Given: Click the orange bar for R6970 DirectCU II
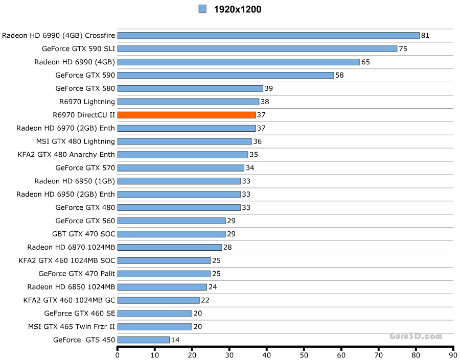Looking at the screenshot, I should point(186,115).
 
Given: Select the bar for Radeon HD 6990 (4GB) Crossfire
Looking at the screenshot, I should point(268,35).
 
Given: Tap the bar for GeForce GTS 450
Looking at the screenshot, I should point(143,340).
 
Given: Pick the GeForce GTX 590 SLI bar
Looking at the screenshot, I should point(257,49).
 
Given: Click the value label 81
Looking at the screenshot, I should point(425,36).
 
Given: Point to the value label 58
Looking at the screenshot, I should point(339,76).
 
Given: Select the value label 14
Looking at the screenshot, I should point(175,340).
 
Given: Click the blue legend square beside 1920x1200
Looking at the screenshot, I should point(202,9).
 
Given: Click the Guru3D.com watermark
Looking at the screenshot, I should point(416,336).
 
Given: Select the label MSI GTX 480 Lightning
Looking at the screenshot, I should point(76,141).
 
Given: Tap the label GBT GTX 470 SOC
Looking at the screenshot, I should point(83,234).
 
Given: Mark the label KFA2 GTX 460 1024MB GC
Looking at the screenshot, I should point(69,300).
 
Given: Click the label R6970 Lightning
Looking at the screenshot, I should point(87,102).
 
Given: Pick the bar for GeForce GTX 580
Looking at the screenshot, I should point(190,88).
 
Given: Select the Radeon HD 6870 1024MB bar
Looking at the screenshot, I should point(170,247).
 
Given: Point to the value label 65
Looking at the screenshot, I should point(365,62).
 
